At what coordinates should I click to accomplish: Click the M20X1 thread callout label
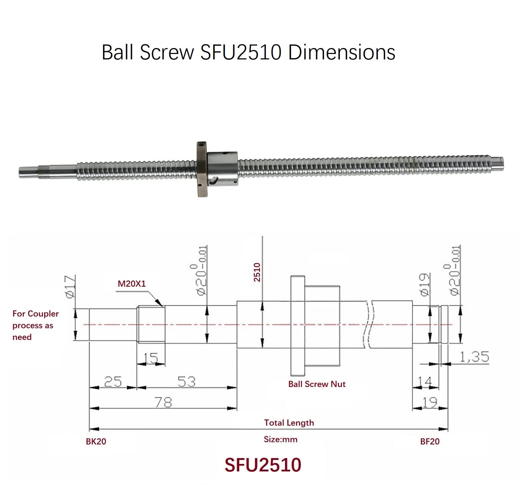132,284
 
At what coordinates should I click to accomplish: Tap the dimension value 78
163,403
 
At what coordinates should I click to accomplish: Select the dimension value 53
187,382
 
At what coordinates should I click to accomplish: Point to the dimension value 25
113,382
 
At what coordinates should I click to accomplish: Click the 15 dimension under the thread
151,358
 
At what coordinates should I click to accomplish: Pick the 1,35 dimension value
474,357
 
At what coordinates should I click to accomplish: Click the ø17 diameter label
71,286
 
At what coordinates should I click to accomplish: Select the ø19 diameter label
425,284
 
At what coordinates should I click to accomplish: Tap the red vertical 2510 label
257,272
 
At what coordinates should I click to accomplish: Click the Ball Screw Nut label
317,384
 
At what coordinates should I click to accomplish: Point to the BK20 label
96,442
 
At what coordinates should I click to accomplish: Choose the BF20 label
430,442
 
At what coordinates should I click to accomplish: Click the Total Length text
289,423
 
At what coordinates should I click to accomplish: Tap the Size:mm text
280,440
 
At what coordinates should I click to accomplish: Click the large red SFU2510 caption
263,465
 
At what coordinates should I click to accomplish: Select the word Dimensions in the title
342,52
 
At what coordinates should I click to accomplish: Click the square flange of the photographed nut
201,169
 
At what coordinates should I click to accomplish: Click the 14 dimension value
425,382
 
